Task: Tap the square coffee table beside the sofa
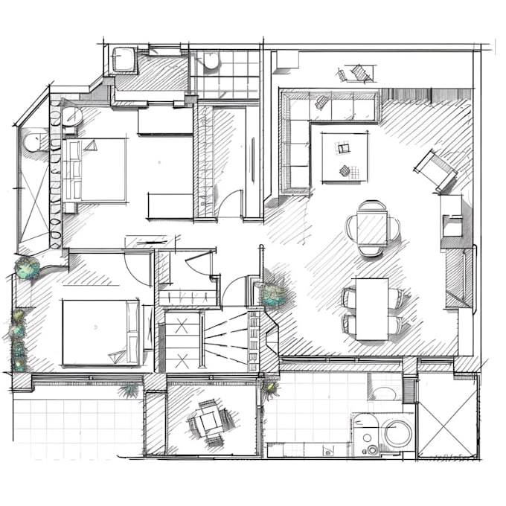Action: (345, 156)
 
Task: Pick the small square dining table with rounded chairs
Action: (371, 228)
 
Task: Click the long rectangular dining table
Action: (372, 308)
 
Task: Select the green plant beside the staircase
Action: (274, 295)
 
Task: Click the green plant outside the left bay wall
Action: (28, 268)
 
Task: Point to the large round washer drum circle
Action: (398, 433)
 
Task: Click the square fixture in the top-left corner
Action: (123, 60)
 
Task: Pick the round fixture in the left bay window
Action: (33, 141)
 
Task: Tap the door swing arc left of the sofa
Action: (231, 203)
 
